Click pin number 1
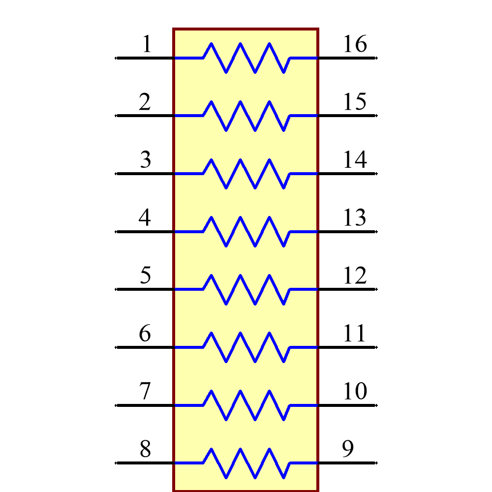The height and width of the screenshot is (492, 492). pos(147,45)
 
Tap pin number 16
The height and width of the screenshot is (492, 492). pos(355,45)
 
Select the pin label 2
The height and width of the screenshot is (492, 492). pos(145,102)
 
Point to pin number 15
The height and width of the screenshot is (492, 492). pos(355,102)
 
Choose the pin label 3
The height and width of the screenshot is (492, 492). pos(145,160)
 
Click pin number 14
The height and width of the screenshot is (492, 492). pos(355,160)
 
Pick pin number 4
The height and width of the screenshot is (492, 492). pos(145,218)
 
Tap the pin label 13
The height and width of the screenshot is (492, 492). pos(355,218)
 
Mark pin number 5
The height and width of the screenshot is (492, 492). pos(145,276)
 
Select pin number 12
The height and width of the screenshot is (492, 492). pos(355,276)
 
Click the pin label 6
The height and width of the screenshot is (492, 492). pos(145,334)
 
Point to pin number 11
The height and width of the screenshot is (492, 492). pos(355,334)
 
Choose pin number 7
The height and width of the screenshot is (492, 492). pos(145,392)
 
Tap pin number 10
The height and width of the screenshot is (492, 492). pos(355,392)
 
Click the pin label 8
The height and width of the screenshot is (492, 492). pos(145,450)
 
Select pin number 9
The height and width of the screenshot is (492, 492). pos(348,450)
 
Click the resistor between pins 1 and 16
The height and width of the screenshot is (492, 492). pos(246,58)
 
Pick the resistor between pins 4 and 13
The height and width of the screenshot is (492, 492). pos(246,231)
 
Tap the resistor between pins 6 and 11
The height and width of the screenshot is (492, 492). pos(246,347)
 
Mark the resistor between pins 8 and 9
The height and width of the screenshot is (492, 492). pos(246,463)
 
